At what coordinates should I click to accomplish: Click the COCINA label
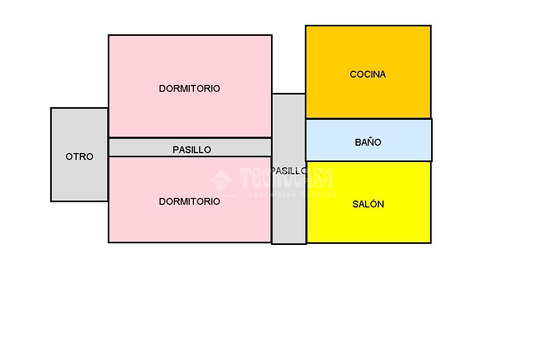(x=368, y=74)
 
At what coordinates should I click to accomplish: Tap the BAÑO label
(x=368, y=143)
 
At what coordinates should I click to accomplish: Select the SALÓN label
(x=368, y=204)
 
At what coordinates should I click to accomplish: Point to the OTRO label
(x=79, y=157)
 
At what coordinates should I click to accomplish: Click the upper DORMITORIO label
(x=189, y=89)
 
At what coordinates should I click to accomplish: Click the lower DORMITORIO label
(x=189, y=202)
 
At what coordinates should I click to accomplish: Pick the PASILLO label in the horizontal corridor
(x=192, y=150)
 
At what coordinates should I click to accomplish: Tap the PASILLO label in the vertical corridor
(x=288, y=171)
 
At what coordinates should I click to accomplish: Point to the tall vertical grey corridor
(x=288, y=211)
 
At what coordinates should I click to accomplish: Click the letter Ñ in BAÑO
(x=368, y=142)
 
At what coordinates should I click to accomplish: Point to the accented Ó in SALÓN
(x=373, y=204)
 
